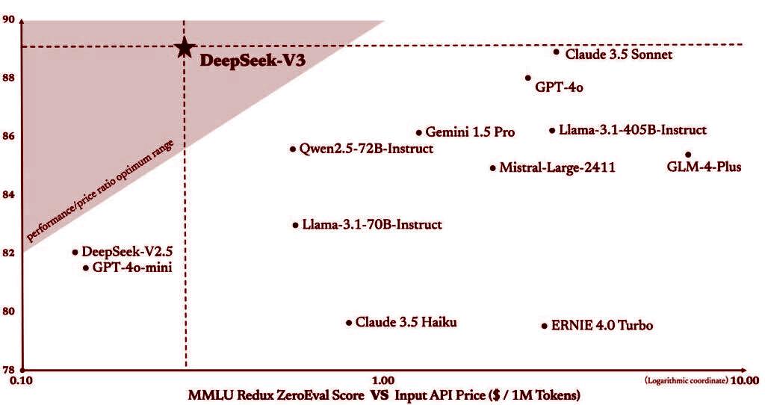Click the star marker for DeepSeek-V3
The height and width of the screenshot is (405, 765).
(x=183, y=49)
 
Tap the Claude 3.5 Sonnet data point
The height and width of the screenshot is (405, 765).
(x=557, y=52)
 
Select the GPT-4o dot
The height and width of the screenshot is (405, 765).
(x=528, y=78)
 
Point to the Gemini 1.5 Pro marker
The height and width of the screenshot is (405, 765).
(x=419, y=132)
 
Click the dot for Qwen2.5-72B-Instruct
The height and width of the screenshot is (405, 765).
(x=293, y=149)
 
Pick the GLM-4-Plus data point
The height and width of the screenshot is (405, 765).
(x=688, y=155)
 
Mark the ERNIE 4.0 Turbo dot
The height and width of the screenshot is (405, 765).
(x=545, y=326)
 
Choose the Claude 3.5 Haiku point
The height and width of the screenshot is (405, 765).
(x=349, y=323)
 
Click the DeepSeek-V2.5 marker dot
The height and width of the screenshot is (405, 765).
(x=75, y=253)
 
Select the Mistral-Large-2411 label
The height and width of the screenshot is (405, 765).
(x=557, y=168)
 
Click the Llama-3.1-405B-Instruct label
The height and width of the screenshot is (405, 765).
(x=632, y=130)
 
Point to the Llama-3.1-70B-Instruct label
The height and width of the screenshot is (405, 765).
(x=372, y=224)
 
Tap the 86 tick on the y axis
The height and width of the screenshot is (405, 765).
(x=10, y=136)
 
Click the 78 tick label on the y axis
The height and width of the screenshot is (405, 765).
(x=10, y=369)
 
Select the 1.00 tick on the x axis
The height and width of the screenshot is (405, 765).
(x=382, y=380)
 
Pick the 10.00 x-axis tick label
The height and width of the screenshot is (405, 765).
(x=745, y=380)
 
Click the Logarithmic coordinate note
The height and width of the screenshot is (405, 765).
(x=685, y=380)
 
